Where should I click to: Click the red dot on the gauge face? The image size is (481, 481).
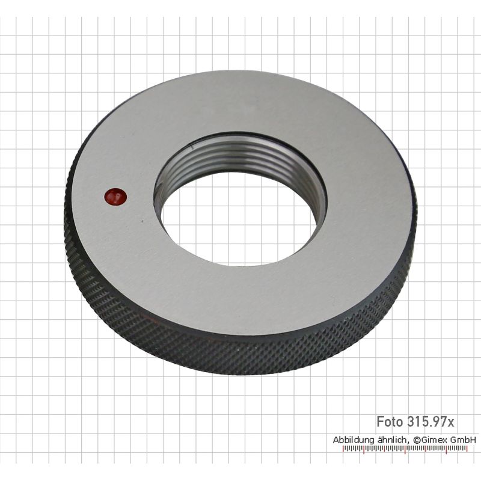[x=115, y=197]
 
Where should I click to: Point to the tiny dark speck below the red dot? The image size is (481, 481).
[x=142, y=221]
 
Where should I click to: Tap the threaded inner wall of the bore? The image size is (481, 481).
[x=239, y=159]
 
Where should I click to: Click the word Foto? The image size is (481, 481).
[x=389, y=422]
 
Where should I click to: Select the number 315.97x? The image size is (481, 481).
[x=430, y=422]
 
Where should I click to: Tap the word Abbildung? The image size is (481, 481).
[x=354, y=440]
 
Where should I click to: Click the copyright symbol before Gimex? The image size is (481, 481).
[x=417, y=440]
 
